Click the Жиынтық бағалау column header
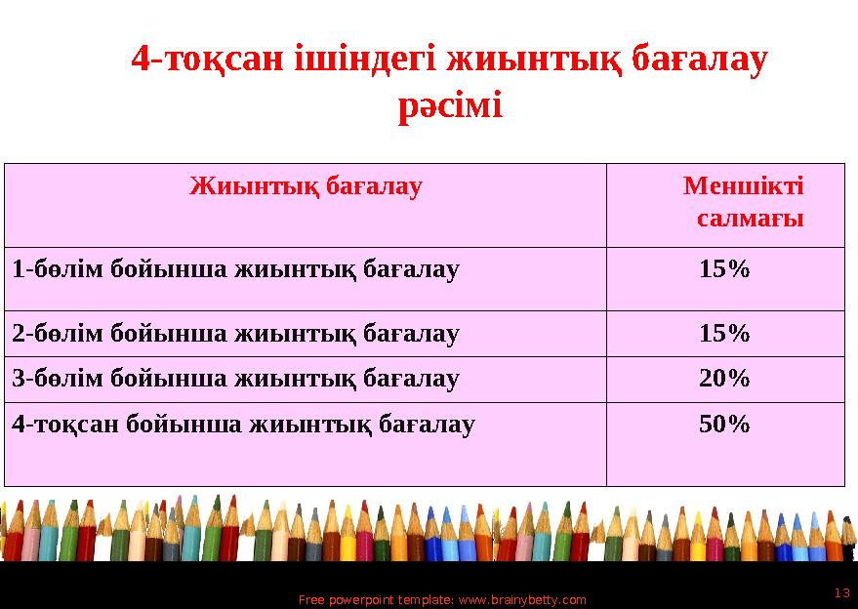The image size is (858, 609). (306, 185)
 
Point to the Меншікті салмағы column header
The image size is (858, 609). (744, 201)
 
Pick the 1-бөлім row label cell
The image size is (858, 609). (235, 269)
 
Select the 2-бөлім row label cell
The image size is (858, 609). (235, 334)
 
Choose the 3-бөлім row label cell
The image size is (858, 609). (235, 379)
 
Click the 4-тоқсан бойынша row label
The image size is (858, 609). (244, 425)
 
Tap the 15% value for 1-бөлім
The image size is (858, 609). (724, 269)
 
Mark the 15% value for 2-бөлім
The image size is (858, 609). (724, 334)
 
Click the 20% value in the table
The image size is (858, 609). (724, 379)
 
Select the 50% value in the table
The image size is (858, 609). (724, 425)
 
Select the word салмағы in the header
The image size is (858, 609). (751, 219)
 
